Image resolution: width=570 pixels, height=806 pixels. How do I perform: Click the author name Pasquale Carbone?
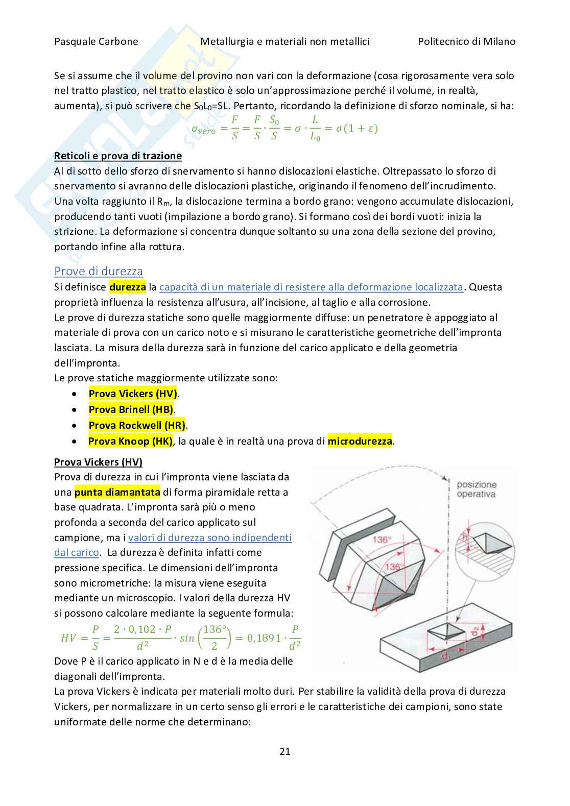click(96, 42)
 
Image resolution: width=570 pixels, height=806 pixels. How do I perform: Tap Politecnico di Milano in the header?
click(466, 42)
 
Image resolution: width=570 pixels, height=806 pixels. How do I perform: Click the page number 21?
click(285, 751)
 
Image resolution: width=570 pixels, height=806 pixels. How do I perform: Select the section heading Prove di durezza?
click(99, 271)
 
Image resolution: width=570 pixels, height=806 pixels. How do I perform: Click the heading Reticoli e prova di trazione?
click(118, 156)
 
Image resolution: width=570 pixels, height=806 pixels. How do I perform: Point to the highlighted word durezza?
click(128, 287)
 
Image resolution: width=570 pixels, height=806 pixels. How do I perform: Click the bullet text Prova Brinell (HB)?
click(131, 409)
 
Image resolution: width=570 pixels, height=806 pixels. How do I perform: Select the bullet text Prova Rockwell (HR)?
click(137, 425)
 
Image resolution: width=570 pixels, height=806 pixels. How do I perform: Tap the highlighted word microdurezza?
click(360, 441)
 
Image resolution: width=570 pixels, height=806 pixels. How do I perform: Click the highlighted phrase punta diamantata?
click(117, 493)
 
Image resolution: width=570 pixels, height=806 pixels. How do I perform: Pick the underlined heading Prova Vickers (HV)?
click(98, 462)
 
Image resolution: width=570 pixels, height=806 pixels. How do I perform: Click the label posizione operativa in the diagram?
click(476, 489)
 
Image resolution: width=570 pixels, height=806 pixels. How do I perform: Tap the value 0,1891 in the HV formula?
click(264, 638)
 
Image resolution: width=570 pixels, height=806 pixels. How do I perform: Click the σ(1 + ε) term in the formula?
click(357, 129)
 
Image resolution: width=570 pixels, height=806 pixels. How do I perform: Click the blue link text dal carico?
click(76, 552)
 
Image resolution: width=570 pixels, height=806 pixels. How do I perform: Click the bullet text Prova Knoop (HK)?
click(130, 441)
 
